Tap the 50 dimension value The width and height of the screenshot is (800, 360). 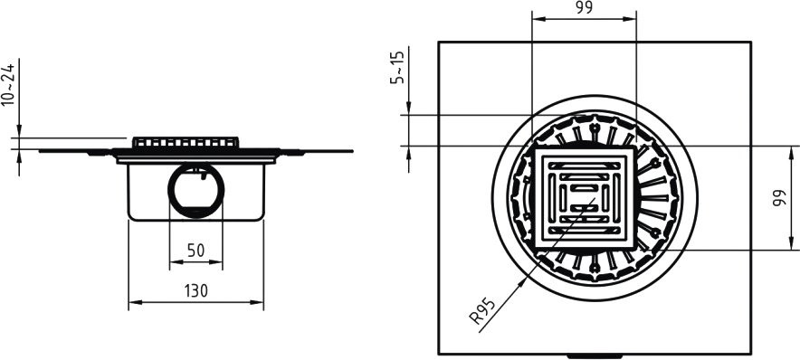pyautogui.click(x=195, y=251)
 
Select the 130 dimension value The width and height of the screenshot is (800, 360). pyautogui.click(x=196, y=291)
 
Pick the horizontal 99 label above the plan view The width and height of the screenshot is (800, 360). pyautogui.click(x=584, y=9)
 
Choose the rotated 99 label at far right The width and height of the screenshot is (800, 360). pyautogui.click(x=779, y=198)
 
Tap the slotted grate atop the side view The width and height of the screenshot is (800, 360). pyautogui.click(x=186, y=143)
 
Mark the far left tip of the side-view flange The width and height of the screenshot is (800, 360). pyautogui.click(x=40, y=151)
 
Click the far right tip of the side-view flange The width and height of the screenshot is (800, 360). pyautogui.click(x=352, y=151)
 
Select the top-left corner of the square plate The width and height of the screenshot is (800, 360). pyautogui.click(x=440, y=42)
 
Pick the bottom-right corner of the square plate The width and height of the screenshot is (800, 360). pyautogui.click(x=750, y=354)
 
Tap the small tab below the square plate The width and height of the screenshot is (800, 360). pyautogui.click(x=595, y=356)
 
